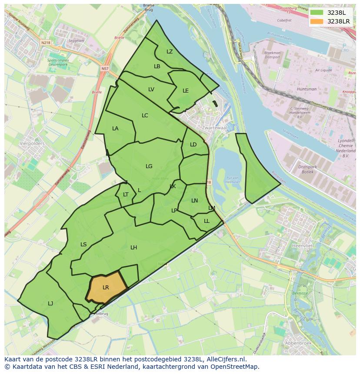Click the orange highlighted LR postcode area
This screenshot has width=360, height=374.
(106, 288)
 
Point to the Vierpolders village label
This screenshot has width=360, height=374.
(32, 142)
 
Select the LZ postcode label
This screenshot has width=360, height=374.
(170, 52)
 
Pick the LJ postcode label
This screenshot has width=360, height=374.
(50, 303)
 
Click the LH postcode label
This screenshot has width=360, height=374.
(133, 248)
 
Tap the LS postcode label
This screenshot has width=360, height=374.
(83, 245)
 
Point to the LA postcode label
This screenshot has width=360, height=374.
(115, 129)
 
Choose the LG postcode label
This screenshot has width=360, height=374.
(149, 166)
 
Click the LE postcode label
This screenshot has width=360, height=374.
(186, 91)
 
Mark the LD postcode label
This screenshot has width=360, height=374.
(193, 145)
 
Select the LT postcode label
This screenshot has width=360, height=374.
(126, 195)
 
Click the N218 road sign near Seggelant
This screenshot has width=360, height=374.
(46, 43)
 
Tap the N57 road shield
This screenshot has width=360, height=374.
(105, 69)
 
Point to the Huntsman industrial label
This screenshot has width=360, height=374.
(307, 89)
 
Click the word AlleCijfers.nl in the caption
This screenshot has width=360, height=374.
(225, 359)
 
